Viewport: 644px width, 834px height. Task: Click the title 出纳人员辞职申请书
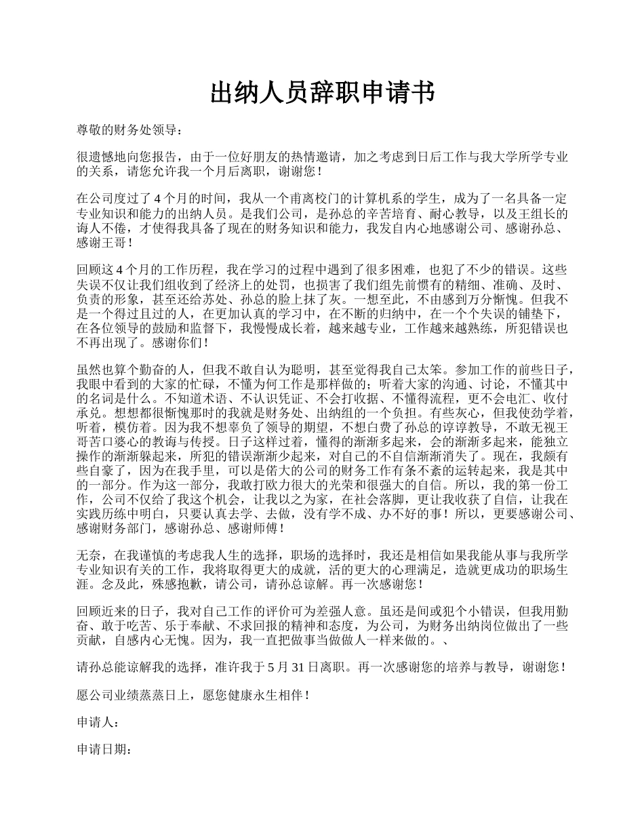click(322, 93)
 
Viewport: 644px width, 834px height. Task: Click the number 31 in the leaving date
click(298, 668)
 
